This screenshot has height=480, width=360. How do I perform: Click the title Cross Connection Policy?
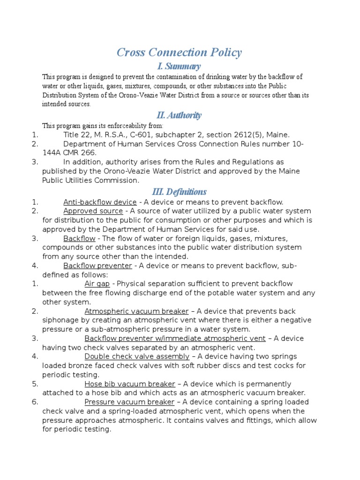point(179,52)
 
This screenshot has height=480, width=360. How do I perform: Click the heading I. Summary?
point(179,66)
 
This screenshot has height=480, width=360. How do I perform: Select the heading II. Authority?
point(179,115)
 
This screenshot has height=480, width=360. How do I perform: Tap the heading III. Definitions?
point(179,192)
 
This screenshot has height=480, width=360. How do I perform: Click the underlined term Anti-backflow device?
point(100,202)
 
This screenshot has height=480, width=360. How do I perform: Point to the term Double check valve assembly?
point(137,357)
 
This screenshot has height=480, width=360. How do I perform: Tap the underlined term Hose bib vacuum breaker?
point(130,384)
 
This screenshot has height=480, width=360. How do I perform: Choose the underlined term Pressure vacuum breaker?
point(129,402)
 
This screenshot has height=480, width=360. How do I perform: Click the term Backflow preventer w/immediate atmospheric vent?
point(175,338)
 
